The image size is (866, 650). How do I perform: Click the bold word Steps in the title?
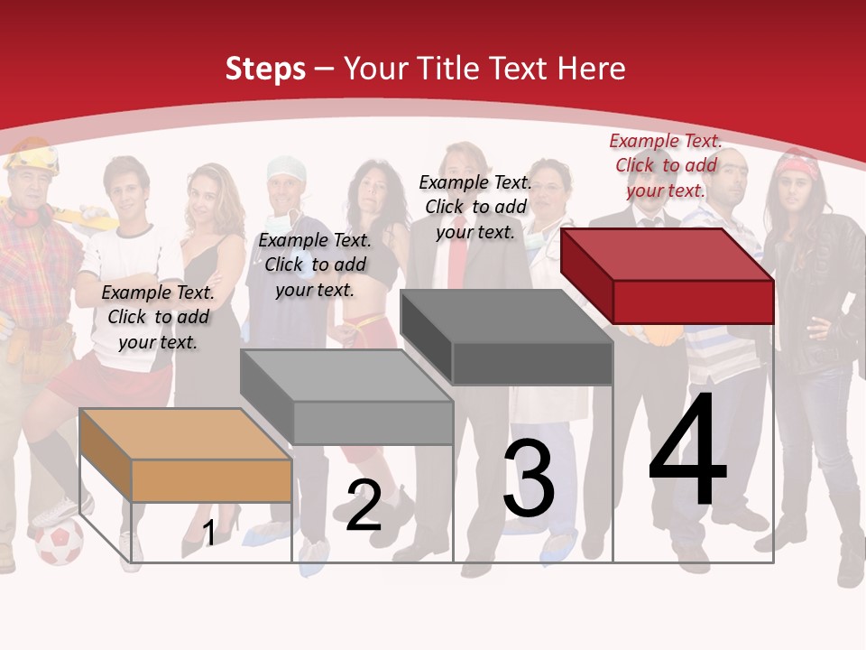(265, 69)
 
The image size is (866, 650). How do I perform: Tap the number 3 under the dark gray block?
(529, 478)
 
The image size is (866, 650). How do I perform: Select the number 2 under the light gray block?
(364, 506)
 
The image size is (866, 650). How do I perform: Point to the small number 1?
(208, 534)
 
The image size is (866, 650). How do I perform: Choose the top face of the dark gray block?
(505, 316)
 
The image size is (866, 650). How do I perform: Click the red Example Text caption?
(666, 165)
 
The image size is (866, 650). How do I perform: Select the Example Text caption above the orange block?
(158, 317)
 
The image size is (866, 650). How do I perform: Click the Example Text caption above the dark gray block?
(475, 207)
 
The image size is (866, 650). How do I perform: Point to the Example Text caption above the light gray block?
(315, 265)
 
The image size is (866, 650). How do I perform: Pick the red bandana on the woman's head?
(797, 166)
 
